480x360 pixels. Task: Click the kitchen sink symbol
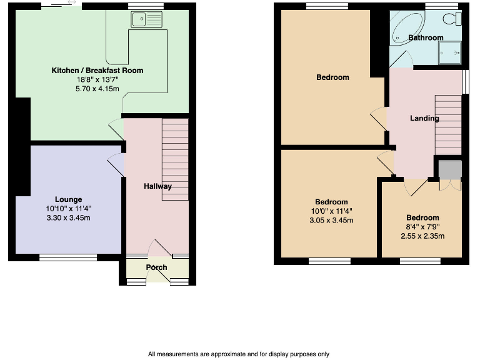coord(147,19)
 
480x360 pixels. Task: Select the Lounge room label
coord(67,199)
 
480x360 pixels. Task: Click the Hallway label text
coord(157,186)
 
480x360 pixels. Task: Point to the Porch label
coord(156,267)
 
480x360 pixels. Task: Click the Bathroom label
coord(426,37)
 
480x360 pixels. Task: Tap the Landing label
coord(424,118)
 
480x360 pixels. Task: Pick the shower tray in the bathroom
coord(450,52)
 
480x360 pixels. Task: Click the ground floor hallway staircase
coord(175,159)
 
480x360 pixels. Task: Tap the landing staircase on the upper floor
coord(447,124)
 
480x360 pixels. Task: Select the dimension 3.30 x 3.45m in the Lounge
coord(67,218)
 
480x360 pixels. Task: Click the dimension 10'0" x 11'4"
coord(331,211)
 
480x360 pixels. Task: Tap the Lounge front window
coord(68,257)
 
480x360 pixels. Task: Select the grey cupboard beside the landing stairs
coord(449,169)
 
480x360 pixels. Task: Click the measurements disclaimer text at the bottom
coord(239,354)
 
